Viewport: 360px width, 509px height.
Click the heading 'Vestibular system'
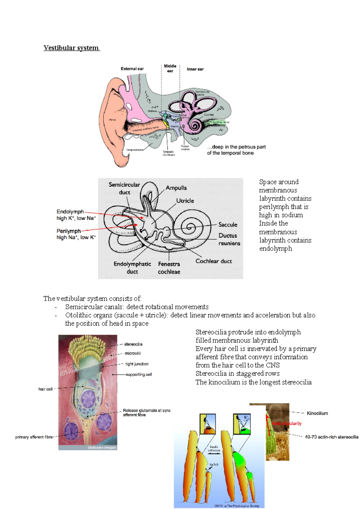(x=71, y=48)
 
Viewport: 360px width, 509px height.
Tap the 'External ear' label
(x=132, y=69)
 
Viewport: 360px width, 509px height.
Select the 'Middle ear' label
(x=170, y=68)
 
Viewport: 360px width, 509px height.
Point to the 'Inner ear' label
(x=195, y=69)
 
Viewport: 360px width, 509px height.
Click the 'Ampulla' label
(x=176, y=188)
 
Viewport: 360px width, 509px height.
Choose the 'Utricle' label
(x=185, y=201)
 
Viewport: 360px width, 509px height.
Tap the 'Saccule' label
(x=228, y=225)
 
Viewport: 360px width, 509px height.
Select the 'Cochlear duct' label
(x=214, y=261)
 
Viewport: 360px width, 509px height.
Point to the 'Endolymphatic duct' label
(x=132, y=268)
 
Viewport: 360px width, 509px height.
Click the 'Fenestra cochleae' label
(x=169, y=268)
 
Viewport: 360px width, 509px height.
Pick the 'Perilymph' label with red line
(x=69, y=231)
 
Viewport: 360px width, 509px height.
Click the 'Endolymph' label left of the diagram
(x=70, y=212)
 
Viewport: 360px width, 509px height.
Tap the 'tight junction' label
(x=137, y=364)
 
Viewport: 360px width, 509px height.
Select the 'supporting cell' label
(x=139, y=374)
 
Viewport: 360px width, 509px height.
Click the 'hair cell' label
(x=45, y=389)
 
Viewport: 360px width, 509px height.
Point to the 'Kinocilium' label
(x=317, y=413)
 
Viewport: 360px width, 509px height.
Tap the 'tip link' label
(x=214, y=464)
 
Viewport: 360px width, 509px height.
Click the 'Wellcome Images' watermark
(x=101, y=448)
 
